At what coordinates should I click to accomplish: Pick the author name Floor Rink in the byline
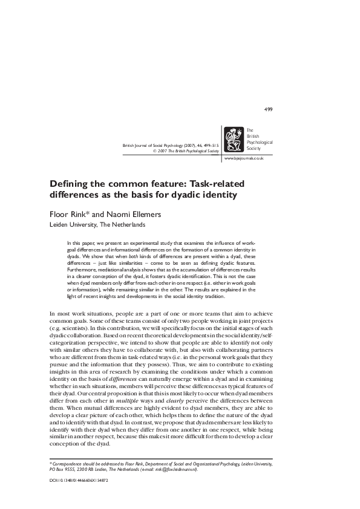[x=67, y=214]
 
